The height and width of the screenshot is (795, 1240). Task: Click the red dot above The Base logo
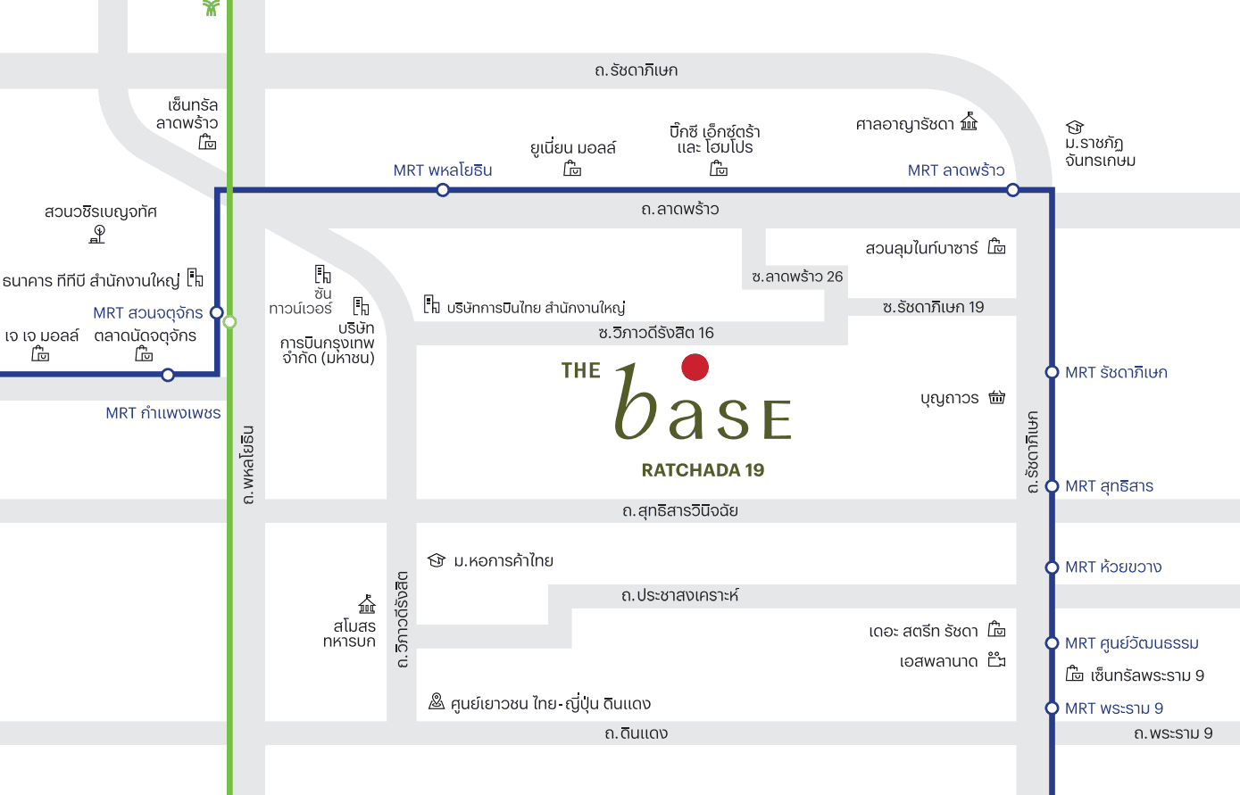click(695, 367)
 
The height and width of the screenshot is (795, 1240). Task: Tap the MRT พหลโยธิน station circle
click(443, 190)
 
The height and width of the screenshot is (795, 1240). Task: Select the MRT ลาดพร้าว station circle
click(1012, 190)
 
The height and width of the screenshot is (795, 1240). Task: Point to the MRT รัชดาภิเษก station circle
click(1052, 372)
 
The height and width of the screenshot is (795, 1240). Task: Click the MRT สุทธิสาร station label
click(1109, 486)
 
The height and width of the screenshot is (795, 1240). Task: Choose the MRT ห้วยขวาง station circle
click(1052, 567)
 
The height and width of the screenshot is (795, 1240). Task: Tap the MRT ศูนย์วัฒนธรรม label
click(1131, 643)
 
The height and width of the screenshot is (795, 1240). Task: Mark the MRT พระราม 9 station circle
click(1052, 708)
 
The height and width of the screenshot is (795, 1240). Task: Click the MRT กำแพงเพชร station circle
click(168, 375)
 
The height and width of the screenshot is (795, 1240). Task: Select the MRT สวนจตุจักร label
click(148, 313)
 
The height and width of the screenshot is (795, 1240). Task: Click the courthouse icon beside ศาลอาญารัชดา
click(970, 122)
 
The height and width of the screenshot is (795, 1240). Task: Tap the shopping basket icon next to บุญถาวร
click(997, 397)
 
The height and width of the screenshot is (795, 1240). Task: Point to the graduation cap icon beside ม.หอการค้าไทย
click(437, 560)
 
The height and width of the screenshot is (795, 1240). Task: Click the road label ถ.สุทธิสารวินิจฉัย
click(680, 511)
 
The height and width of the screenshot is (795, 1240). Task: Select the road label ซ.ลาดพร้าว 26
click(797, 277)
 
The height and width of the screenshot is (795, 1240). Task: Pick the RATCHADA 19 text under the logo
click(703, 470)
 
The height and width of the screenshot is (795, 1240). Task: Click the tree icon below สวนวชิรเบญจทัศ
click(98, 234)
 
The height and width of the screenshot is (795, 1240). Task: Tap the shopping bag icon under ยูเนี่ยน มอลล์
click(573, 169)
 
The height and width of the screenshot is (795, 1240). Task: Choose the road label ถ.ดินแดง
click(636, 733)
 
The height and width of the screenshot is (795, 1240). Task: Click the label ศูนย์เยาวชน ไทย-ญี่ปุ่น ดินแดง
click(550, 704)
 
